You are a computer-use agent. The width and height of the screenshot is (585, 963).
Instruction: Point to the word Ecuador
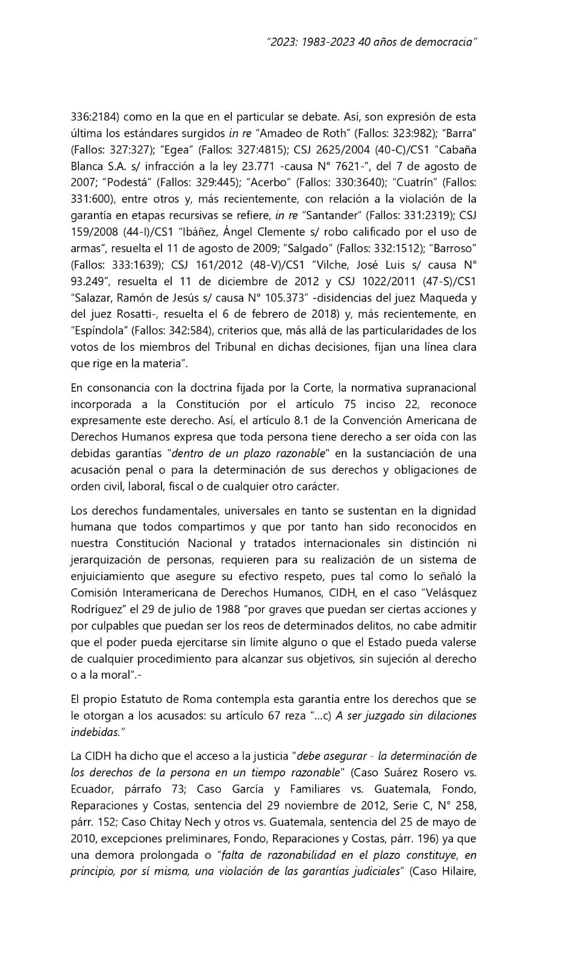click(90, 789)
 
